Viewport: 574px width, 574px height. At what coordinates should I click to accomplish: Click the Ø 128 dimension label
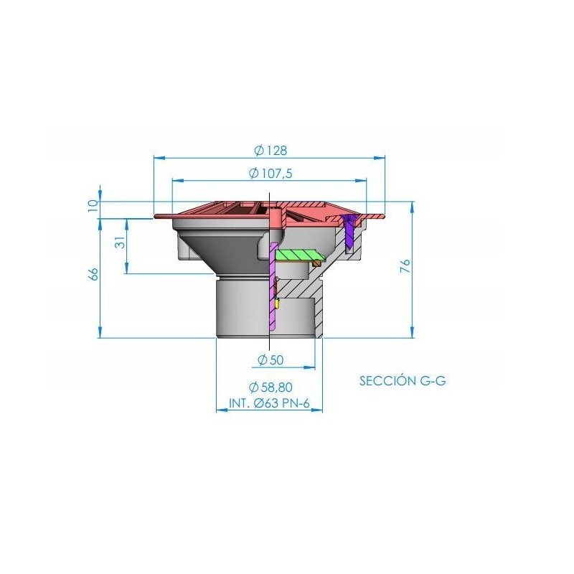coord(270,150)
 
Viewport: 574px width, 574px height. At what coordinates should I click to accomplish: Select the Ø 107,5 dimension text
coord(270,173)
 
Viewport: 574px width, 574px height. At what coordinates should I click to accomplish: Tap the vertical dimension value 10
coord(93,206)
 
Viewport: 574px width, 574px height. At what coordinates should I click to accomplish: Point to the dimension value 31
coord(121,243)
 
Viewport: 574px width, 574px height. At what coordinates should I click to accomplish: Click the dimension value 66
coord(94,274)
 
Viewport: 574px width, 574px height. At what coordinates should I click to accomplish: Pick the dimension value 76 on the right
coord(405,266)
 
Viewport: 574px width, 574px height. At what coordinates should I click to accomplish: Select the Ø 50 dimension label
coord(270,360)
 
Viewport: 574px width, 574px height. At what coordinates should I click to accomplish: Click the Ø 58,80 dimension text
coord(270,387)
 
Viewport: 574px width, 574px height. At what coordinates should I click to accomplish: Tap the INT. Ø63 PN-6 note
coord(270,403)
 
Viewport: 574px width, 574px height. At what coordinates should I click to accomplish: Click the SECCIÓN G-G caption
coord(403,381)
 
